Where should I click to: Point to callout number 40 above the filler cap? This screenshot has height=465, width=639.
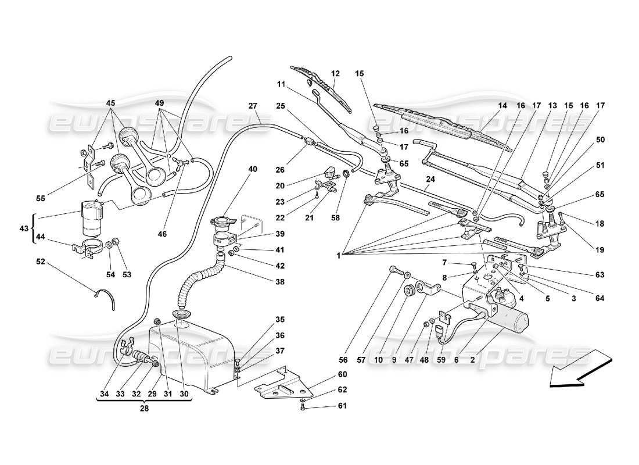252,169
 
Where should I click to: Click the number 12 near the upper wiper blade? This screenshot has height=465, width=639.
335,74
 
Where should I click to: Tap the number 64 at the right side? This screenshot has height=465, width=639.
599,299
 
